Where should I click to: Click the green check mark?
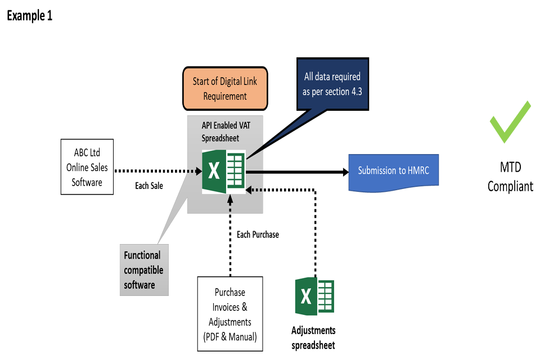[509, 122]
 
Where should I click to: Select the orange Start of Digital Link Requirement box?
[225, 89]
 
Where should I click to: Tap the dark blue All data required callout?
[332, 84]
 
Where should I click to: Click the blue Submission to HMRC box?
[393, 170]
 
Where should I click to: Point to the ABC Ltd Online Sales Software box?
[87, 167]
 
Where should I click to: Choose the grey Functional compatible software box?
[143, 270]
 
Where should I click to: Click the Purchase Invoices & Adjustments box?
[229, 314]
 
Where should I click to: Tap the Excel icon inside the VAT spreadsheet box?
[223, 171]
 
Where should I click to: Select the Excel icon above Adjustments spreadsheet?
[314, 296]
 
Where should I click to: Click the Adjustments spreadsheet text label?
[313, 337]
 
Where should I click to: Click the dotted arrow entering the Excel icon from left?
[194, 170]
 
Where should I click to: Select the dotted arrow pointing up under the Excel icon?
[230, 202]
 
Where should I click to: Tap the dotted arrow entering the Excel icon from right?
[255, 190]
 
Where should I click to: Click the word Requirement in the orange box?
[225, 96]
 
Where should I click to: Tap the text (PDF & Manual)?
[229, 336]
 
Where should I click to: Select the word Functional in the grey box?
[142, 255]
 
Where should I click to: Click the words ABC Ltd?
[87, 152]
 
